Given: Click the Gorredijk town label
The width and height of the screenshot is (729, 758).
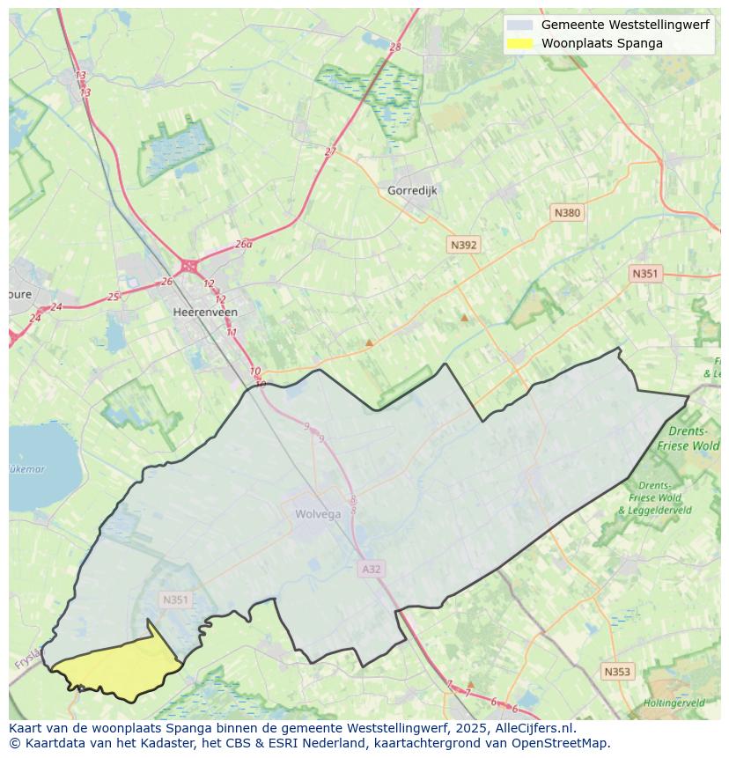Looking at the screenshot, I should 412,190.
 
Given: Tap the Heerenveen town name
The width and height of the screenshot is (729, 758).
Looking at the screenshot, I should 205,312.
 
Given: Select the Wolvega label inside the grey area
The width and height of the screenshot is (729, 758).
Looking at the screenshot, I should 318,514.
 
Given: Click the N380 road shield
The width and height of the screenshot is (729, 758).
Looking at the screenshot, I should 567,213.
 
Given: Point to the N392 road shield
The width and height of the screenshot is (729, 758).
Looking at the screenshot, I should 463,245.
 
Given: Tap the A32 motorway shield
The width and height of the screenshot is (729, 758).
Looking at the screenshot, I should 372,569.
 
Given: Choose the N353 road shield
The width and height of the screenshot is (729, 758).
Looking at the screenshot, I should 616,672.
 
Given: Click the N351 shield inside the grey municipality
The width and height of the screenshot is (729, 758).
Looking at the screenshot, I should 175,600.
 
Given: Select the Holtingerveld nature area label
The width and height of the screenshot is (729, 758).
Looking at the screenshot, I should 674,703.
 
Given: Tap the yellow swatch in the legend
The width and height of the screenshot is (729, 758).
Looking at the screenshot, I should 520,43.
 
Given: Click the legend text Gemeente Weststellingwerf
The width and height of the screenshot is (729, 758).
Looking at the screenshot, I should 624,25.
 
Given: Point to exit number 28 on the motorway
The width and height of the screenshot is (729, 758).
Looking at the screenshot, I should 394,47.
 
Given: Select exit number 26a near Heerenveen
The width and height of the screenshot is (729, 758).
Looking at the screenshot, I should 244,244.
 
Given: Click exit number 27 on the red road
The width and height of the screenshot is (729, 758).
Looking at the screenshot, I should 330,151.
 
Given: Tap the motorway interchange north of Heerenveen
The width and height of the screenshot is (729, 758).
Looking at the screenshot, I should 188,265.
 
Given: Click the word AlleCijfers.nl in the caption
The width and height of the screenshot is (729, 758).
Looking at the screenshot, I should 534,728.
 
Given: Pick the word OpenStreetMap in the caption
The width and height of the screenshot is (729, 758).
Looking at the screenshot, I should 565,743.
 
